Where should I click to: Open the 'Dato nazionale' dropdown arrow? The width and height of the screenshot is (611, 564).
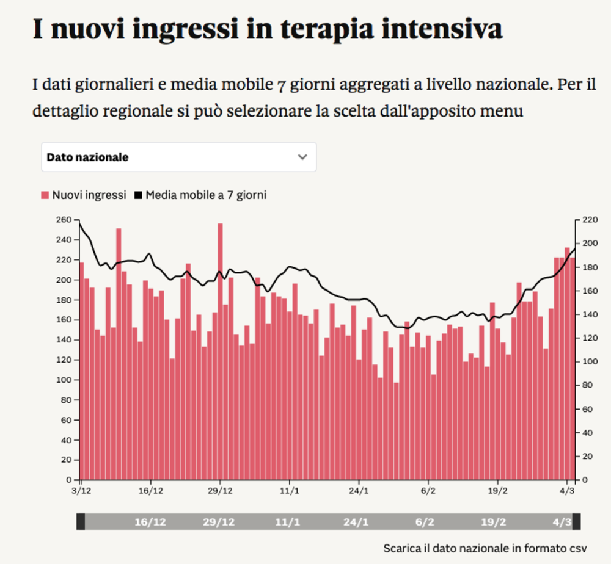(302, 157)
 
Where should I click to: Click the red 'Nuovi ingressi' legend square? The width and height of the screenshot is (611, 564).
(45, 195)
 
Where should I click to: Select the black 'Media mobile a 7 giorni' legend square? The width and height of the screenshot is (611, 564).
(138, 195)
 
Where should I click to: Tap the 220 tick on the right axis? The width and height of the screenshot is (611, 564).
(585, 220)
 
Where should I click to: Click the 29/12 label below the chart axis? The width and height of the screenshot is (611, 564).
(220, 490)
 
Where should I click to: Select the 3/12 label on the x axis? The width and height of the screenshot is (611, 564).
(81, 490)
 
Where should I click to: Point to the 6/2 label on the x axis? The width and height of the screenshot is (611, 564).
(428, 490)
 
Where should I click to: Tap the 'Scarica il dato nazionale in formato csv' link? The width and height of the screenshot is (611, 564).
(485, 548)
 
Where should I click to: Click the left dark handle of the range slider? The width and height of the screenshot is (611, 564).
(81, 522)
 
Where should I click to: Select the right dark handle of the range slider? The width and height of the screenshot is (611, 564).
(576, 522)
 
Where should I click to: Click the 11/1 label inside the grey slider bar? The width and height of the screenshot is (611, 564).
(287, 522)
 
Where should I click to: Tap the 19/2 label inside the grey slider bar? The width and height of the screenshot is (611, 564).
(493, 522)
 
